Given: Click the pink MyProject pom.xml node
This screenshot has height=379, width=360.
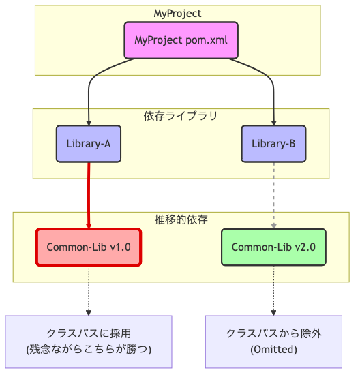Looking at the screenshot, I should (x=181, y=40).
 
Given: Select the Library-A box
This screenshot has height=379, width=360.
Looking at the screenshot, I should (x=89, y=143).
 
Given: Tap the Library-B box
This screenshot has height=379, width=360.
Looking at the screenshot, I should (x=273, y=143).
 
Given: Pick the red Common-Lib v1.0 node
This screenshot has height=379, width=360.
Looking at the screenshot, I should (x=88, y=247).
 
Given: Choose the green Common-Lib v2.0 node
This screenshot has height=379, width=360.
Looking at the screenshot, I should (x=273, y=247).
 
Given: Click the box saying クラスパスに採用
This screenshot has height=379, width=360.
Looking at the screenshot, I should (x=88, y=342).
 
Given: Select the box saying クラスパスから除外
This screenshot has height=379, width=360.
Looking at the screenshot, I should (x=273, y=342).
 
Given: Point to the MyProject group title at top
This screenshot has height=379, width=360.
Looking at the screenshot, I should (x=177, y=13).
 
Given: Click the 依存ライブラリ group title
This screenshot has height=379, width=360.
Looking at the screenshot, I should (x=181, y=116).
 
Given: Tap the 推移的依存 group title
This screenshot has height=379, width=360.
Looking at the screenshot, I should (x=181, y=219).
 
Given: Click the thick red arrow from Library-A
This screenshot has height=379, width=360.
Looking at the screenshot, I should (x=89, y=194).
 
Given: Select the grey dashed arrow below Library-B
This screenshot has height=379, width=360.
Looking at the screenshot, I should (x=274, y=194).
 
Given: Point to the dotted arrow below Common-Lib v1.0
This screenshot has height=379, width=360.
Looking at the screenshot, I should (x=89, y=290).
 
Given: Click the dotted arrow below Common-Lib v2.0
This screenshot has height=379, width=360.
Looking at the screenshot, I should (x=274, y=290).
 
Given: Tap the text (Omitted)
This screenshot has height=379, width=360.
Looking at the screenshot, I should (x=273, y=350).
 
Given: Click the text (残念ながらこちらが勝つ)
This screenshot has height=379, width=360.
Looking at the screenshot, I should (x=88, y=350).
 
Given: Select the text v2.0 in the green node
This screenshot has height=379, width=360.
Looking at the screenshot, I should (x=304, y=247).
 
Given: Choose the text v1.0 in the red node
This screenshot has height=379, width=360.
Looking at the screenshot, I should (x=119, y=247).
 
